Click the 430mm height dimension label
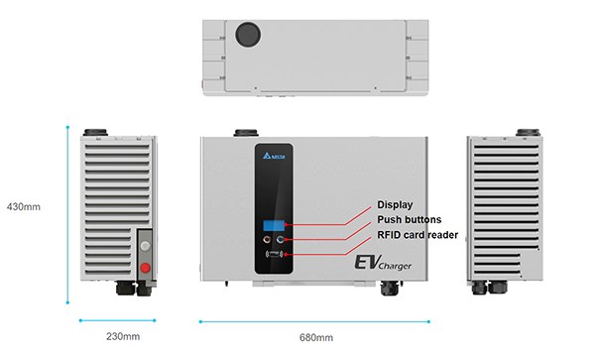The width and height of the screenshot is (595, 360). [24, 206]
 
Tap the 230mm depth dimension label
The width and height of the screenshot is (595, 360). [123, 336]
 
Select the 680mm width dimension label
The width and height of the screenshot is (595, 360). [316, 337]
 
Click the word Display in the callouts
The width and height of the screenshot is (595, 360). [395, 205]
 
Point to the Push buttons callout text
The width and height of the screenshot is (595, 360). [409, 219]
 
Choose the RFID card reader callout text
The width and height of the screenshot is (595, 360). [417, 235]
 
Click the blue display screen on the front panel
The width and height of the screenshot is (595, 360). [274, 225]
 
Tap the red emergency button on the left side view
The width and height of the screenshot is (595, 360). [145, 268]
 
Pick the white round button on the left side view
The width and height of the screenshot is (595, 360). [145, 246]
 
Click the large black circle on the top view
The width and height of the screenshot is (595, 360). [248, 34]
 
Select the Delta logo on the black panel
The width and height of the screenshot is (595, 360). [274, 156]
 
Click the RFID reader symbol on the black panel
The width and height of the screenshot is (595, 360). [275, 254]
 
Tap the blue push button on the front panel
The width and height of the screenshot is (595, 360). [281, 239]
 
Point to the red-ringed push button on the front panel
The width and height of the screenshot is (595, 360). [268, 239]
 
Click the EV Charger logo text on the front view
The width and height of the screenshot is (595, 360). [383, 263]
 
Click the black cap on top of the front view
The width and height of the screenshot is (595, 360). [246, 133]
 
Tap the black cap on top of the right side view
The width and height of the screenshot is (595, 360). [528, 132]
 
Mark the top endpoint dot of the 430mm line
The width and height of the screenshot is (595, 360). [67, 127]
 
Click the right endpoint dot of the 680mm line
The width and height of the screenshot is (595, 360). [428, 321]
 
